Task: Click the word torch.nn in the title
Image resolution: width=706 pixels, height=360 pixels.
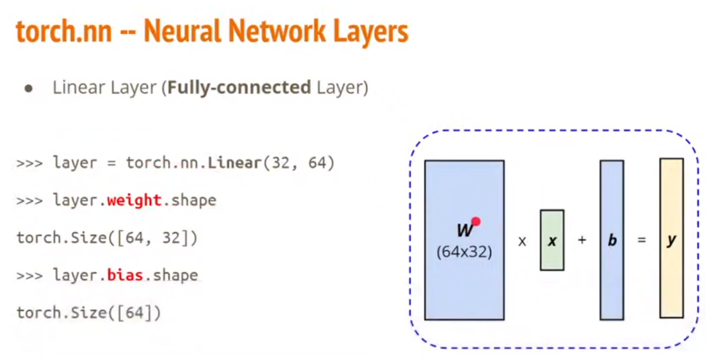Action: pyautogui.click(x=64, y=32)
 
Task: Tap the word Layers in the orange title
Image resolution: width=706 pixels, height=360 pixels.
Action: pyautogui.click(x=367, y=32)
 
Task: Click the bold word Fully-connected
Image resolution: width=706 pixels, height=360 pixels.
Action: pyautogui.click(x=239, y=87)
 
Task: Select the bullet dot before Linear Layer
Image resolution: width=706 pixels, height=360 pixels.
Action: pyautogui.click(x=28, y=88)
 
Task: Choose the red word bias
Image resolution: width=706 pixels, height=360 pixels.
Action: pyautogui.click(x=125, y=275)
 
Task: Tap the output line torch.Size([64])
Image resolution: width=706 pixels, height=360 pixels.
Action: pyautogui.click(x=89, y=313)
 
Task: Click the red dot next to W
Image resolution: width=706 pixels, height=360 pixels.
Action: pyautogui.click(x=476, y=222)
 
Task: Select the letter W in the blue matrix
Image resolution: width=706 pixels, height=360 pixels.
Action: pyautogui.click(x=464, y=231)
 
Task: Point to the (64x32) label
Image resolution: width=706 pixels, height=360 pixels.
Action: pyautogui.click(x=464, y=251)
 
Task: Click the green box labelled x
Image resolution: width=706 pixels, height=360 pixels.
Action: pyautogui.click(x=552, y=240)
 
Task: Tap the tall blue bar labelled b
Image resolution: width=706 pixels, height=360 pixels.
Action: pyautogui.click(x=612, y=240)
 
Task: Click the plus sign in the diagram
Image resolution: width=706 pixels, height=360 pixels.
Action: pyautogui.click(x=582, y=240)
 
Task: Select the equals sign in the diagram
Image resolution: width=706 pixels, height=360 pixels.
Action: pyautogui.click(x=642, y=240)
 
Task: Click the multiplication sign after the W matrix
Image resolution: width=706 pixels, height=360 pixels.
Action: pyautogui.click(x=522, y=241)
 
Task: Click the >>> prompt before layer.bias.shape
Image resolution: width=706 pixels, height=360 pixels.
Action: pyautogui.click(x=29, y=276)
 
